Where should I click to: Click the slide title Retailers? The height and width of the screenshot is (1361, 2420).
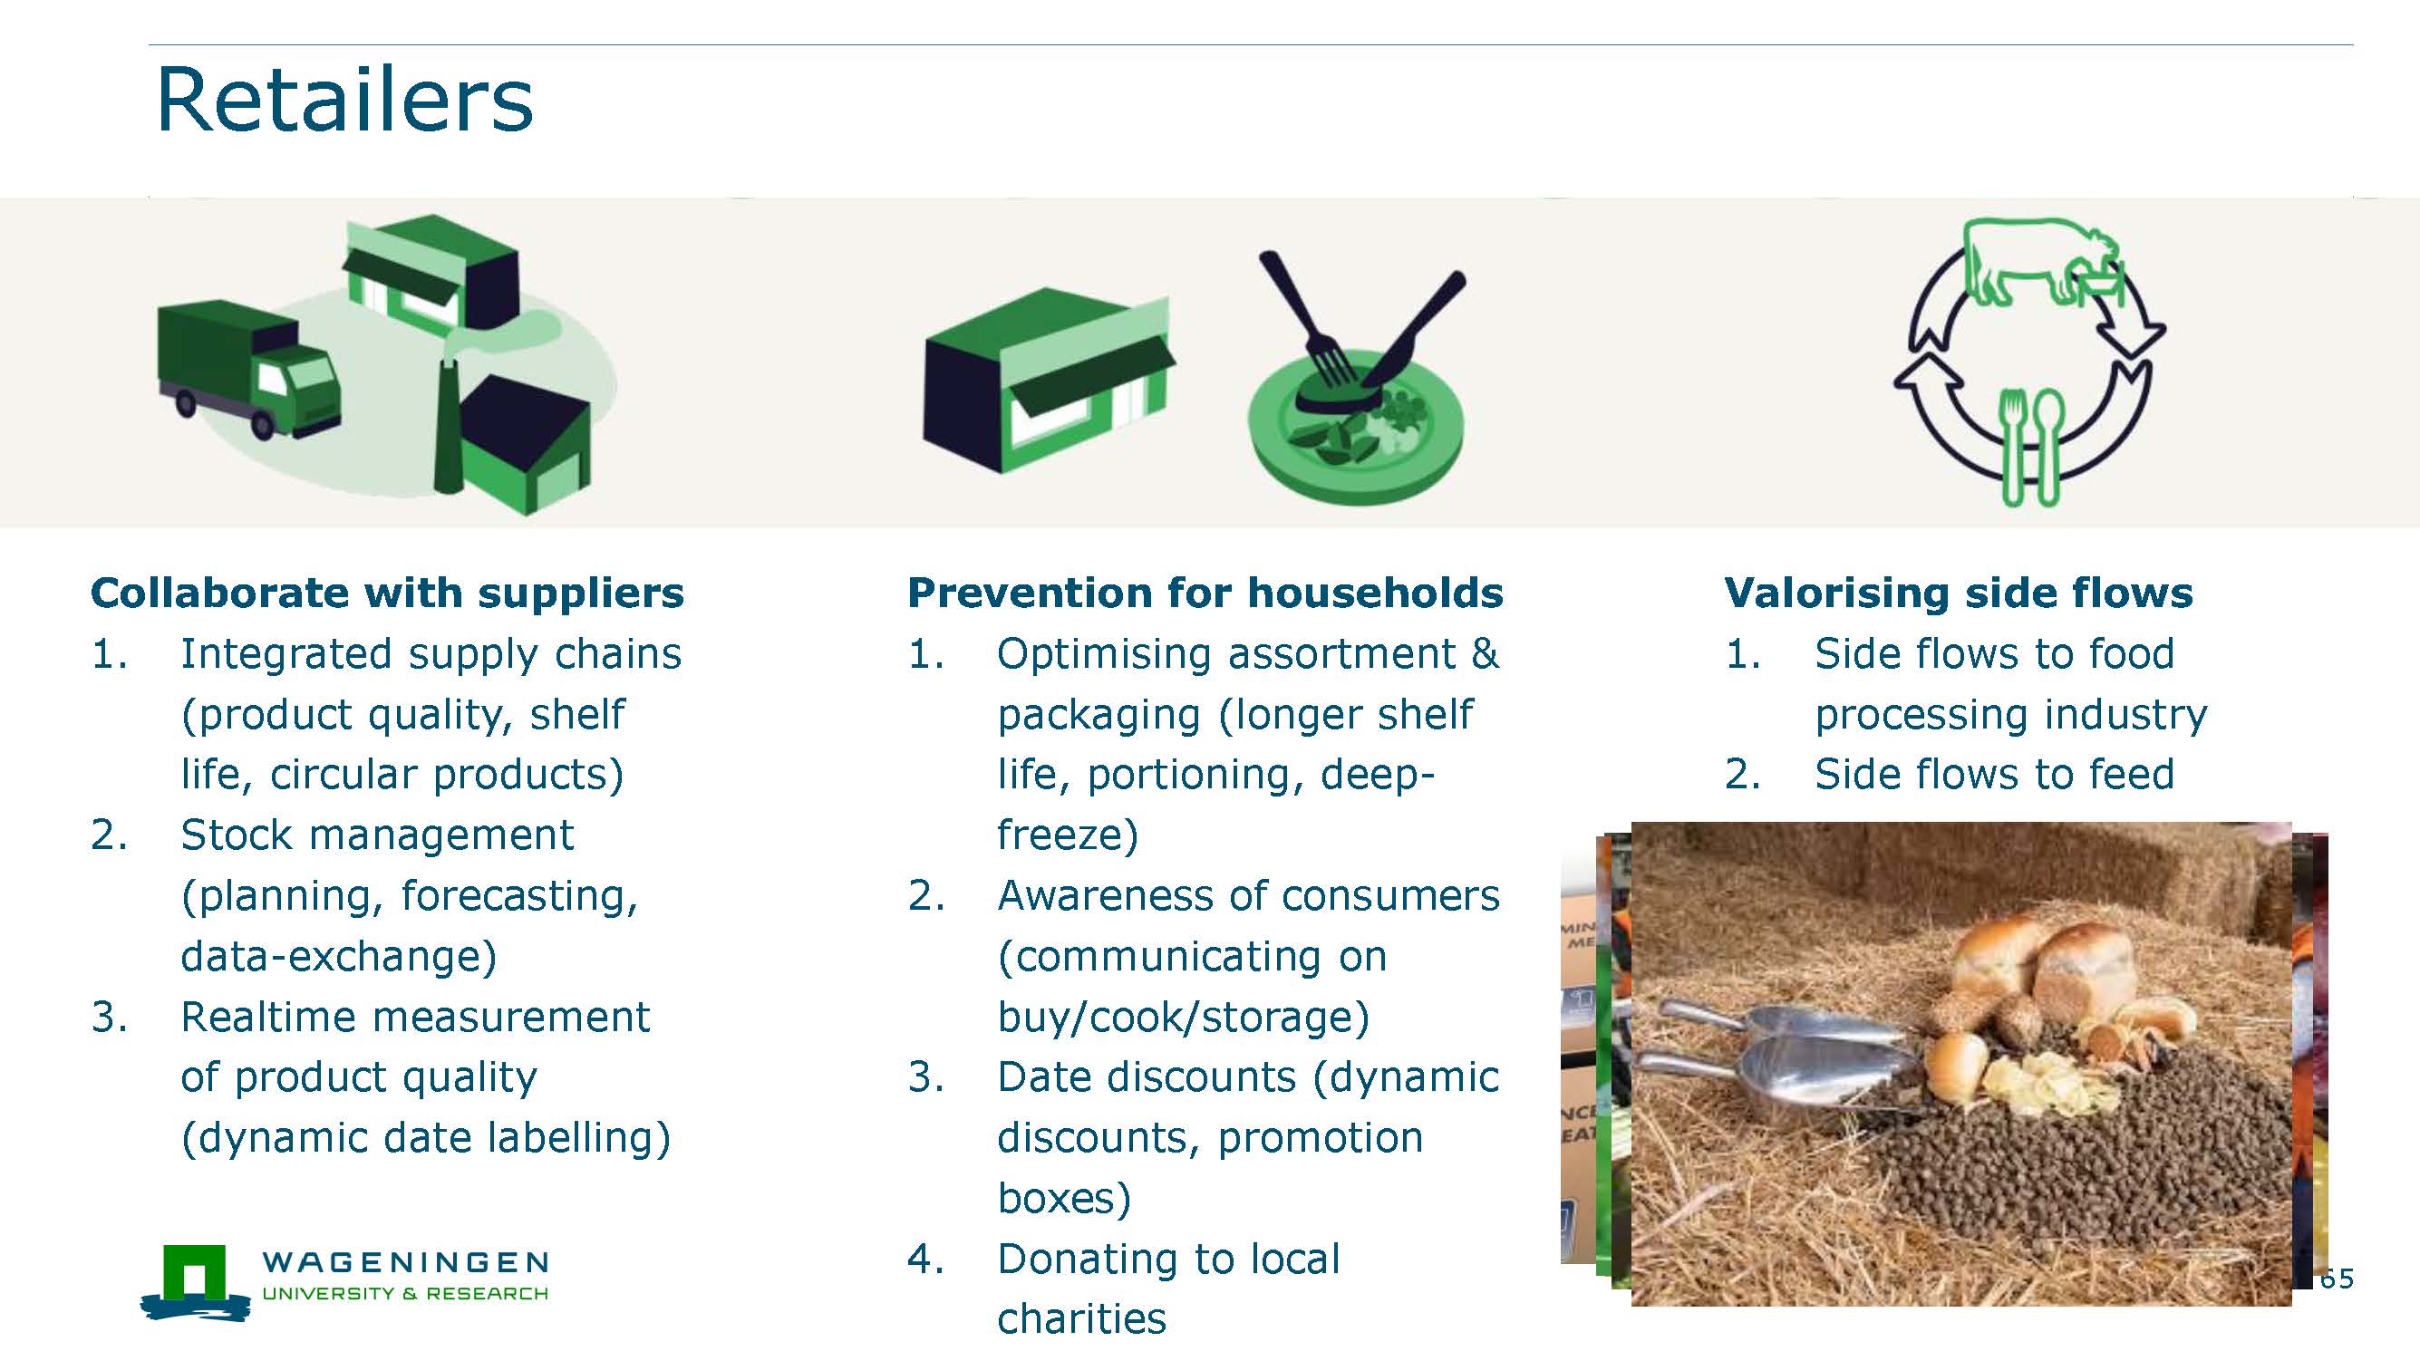tap(344, 100)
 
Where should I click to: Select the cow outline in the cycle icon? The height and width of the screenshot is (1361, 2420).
tap(2043, 262)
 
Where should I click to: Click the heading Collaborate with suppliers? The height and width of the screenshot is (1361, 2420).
tap(387, 594)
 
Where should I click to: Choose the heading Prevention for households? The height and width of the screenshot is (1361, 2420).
tap(1205, 594)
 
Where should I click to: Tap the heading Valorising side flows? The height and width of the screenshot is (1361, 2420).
tap(1959, 594)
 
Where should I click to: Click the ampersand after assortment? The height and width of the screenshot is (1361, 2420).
tap(1486, 653)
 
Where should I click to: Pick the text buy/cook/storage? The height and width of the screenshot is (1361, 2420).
tap(1184, 1018)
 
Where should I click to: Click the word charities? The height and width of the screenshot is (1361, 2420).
tap(1081, 1319)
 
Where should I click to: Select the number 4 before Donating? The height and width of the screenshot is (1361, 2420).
tap(921, 1260)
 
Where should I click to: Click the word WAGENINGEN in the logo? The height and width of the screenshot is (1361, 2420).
tap(405, 1261)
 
